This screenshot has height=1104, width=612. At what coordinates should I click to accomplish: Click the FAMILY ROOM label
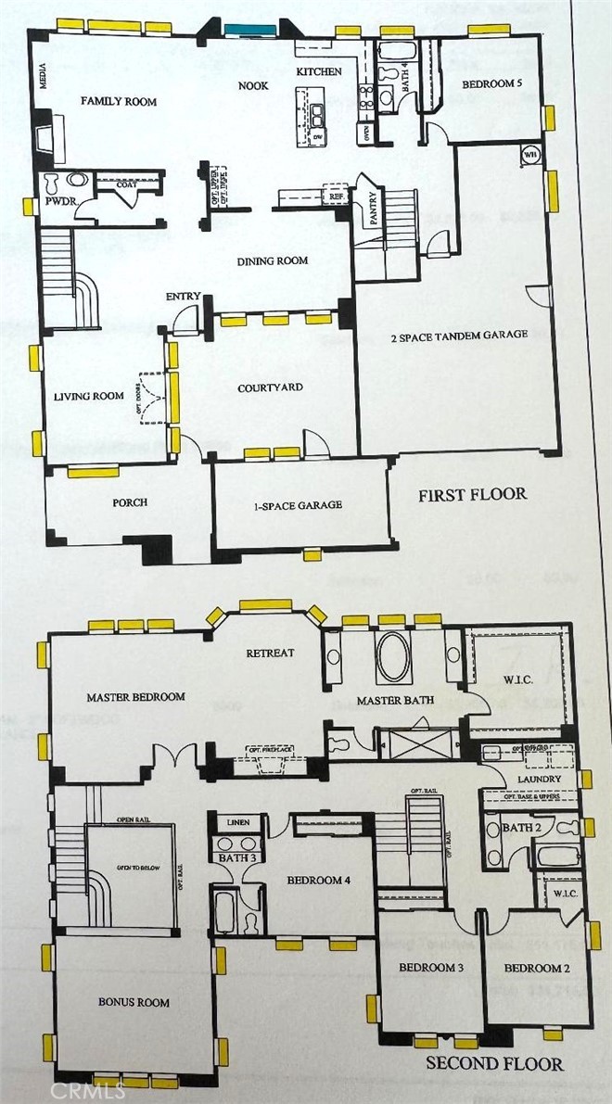click(118, 101)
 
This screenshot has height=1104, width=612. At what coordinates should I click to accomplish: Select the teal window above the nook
click(247, 32)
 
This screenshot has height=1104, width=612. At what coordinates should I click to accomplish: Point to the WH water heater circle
click(532, 154)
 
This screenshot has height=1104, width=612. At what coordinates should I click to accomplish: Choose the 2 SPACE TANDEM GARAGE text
click(460, 335)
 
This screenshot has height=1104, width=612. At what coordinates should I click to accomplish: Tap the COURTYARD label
click(270, 387)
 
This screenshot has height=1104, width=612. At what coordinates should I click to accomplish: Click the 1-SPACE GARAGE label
click(300, 505)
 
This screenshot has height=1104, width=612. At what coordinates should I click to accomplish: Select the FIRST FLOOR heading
click(472, 494)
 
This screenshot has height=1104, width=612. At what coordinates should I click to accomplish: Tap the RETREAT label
click(270, 653)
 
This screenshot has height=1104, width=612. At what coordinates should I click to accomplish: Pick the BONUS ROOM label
click(134, 1002)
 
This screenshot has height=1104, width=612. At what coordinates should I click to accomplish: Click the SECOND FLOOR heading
click(494, 1063)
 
